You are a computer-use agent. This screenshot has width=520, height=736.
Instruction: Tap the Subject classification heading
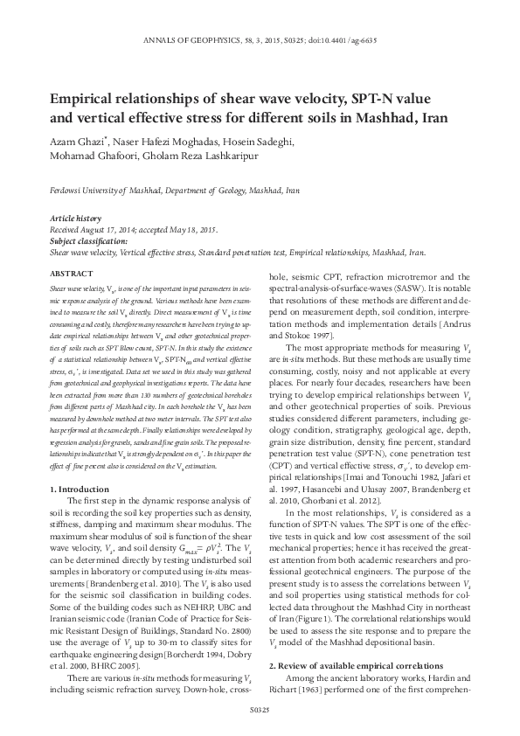[x=88, y=239]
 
